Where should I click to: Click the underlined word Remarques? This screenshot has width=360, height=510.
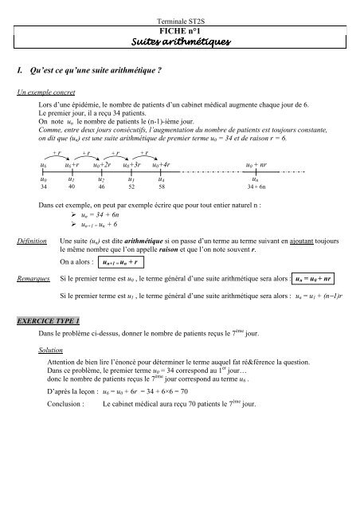34,280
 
